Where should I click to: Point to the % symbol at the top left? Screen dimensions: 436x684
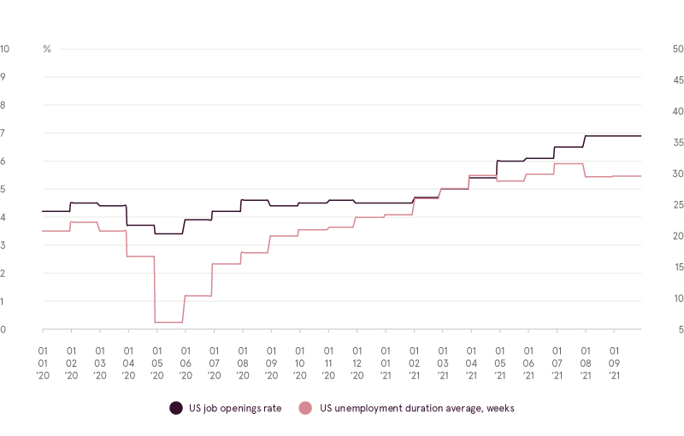(x=47, y=49)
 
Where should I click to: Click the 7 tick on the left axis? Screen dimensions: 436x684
(x=4, y=133)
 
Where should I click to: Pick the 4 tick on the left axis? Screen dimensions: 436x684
(x=4, y=217)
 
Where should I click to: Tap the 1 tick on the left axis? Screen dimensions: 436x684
(x=4, y=301)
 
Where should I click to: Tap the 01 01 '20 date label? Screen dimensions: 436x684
(x=43, y=362)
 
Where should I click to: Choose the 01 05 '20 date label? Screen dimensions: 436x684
(x=157, y=362)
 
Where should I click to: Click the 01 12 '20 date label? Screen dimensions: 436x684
(x=357, y=362)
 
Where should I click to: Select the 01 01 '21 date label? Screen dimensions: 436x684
(x=386, y=362)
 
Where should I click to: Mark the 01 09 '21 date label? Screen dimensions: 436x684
(x=614, y=362)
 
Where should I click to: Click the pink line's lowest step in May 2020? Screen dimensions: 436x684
(x=168, y=322)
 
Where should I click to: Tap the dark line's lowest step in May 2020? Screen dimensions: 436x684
(x=168, y=233)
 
